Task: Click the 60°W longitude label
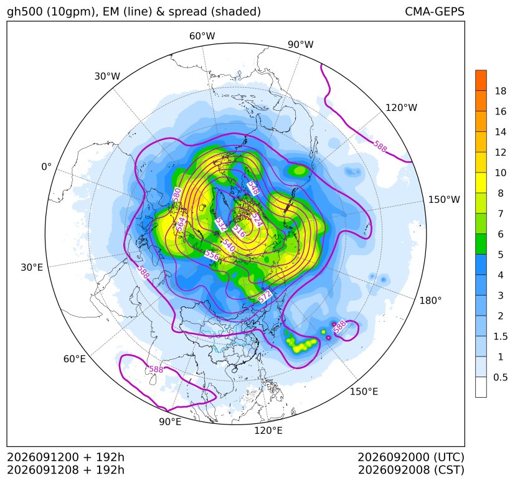click(x=202, y=36)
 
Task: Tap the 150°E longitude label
click(x=364, y=392)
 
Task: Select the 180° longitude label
click(x=430, y=301)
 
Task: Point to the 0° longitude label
click(x=46, y=167)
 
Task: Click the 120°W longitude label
click(x=401, y=108)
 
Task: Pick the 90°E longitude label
click(x=170, y=422)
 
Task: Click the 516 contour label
click(x=239, y=231)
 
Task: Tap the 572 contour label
click(x=265, y=296)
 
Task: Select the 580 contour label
click(x=177, y=194)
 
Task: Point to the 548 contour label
click(x=253, y=188)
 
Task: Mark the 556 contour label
click(x=212, y=255)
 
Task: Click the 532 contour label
click(x=221, y=225)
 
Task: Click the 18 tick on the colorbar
click(x=501, y=91)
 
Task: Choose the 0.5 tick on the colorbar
click(x=500, y=377)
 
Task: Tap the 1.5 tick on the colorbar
click(x=500, y=336)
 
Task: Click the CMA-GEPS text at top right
click(x=435, y=11)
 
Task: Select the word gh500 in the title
click(x=24, y=12)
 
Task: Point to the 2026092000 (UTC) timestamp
click(x=411, y=457)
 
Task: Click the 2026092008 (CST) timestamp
click(x=411, y=470)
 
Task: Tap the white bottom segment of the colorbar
click(x=481, y=387)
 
